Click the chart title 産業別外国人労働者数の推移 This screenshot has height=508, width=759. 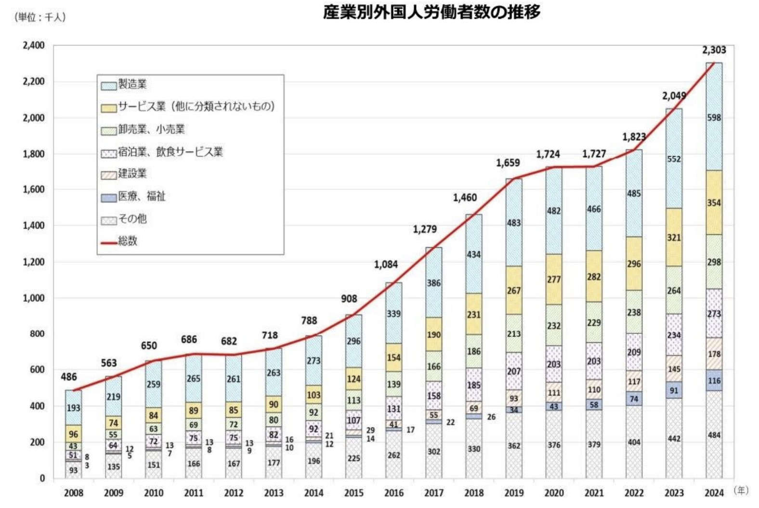432,13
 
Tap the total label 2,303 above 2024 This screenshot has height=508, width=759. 714,50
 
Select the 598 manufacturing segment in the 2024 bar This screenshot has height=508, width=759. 714,117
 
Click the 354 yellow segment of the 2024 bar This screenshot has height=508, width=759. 714,202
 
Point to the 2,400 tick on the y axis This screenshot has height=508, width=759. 34,45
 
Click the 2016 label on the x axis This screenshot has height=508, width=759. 393,493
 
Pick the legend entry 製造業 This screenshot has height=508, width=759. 132,84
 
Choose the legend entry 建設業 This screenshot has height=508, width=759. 132,174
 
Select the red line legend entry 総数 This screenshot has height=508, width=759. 127,241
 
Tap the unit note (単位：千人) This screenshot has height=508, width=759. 40,17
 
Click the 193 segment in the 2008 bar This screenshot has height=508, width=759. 73,408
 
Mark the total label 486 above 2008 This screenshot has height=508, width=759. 69,377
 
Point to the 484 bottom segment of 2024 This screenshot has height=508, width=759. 714,435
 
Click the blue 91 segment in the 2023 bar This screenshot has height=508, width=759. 674,390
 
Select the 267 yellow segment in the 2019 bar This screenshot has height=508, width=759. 513,291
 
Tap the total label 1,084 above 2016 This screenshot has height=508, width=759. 386,265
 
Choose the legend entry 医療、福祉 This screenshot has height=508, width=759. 141,196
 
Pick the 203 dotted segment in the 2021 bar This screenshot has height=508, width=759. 593,361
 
